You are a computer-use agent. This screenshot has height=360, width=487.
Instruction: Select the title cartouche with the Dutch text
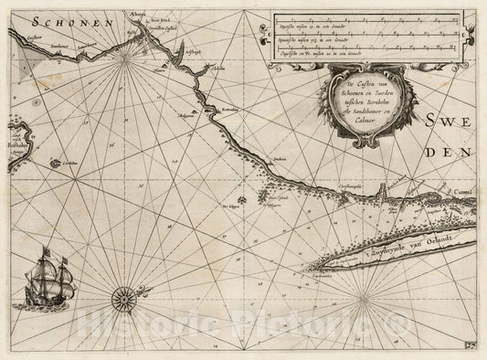(366, 108)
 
